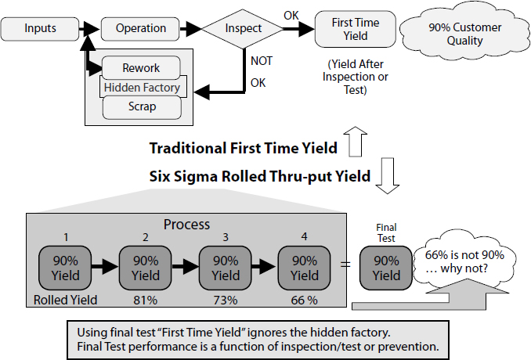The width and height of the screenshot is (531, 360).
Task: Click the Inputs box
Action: [x=40, y=29]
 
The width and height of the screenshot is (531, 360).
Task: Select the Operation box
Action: [x=141, y=29]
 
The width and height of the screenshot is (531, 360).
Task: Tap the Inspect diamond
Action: [x=243, y=29]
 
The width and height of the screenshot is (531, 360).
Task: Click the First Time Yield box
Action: [x=349, y=28]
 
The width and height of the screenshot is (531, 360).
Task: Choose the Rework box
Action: [x=141, y=68]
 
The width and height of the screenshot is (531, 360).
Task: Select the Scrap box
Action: [x=141, y=106]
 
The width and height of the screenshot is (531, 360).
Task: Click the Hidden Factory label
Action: [x=142, y=88]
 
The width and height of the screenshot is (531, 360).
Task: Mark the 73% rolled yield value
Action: [x=226, y=300]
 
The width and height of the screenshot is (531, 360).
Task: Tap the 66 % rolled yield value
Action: [x=305, y=300]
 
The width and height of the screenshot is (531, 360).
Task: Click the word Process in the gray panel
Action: [x=186, y=224]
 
